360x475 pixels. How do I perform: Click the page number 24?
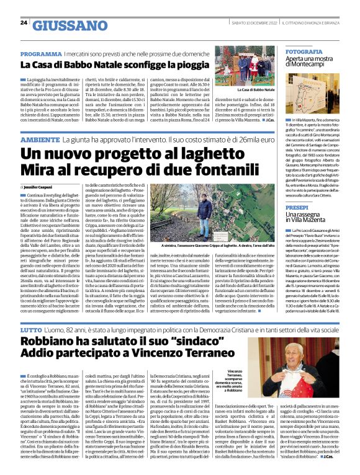24,22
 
